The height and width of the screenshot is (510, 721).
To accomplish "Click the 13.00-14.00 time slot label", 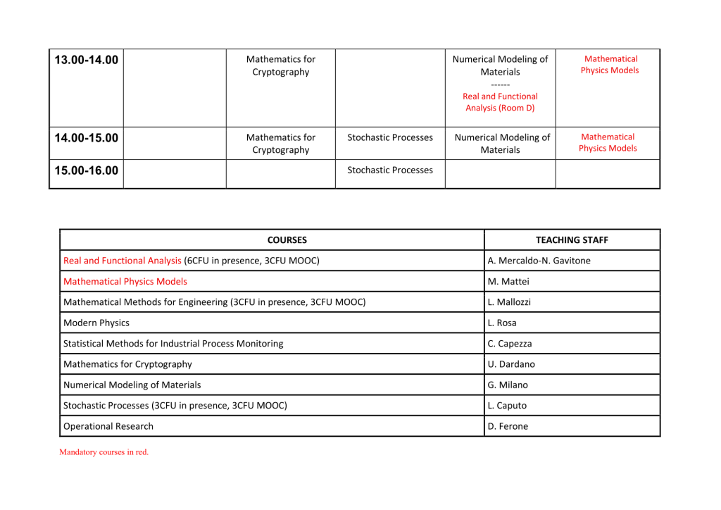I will tap(86, 60).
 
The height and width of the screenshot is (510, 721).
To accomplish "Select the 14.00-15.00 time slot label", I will tap(86, 138).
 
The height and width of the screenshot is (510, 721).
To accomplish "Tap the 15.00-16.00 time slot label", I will tap(86, 170).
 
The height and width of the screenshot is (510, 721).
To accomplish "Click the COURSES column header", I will tap(272, 240).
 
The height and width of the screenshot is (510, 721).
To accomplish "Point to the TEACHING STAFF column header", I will tap(572, 240).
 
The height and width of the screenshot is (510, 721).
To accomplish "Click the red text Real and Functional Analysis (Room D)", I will tap(500, 102).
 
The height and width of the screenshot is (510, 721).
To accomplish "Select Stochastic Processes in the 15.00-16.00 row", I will tap(390, 170).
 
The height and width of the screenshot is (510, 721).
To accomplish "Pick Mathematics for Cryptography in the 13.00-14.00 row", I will tap(280, 66).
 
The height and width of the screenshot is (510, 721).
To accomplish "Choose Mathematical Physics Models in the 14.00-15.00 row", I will tap(608, 142).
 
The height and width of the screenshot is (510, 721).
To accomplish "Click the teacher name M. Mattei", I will tap(508, 282).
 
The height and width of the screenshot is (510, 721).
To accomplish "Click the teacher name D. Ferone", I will tap(508, 426).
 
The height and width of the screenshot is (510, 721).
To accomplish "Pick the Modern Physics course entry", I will tap(96, 323).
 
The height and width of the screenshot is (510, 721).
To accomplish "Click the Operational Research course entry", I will tap(108, 426).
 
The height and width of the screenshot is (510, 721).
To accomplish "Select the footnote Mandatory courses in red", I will tap(104, 452).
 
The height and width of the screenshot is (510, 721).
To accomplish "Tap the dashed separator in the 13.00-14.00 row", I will tap(500, 85).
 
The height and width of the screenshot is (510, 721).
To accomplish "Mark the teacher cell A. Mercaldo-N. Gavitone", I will tap(539, 261).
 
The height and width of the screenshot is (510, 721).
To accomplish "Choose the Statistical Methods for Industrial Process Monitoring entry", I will tap(173, 344).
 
